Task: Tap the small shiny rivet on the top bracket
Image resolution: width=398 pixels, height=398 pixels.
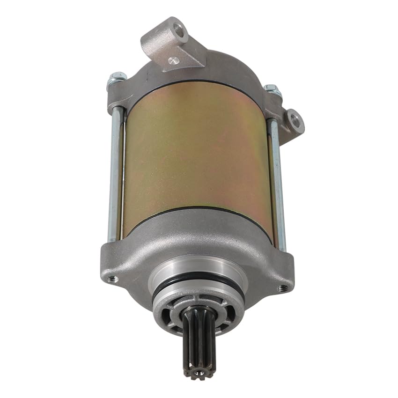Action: [174, 60]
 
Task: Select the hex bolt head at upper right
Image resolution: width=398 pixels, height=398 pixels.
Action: [273, 90]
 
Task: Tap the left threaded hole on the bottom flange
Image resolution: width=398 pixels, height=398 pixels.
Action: [112, 279]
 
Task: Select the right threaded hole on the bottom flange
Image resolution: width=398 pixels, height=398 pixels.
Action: [282, 287]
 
